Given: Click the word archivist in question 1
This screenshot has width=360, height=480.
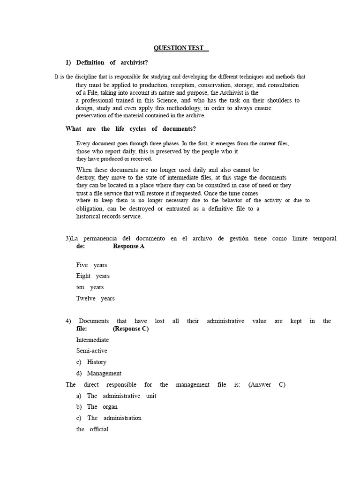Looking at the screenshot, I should [135, 63].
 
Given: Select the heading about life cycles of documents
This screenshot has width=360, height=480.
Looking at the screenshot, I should [131, 129].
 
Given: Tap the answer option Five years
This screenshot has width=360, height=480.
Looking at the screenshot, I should [91, 265].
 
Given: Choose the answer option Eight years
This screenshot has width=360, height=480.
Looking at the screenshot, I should [93, 276].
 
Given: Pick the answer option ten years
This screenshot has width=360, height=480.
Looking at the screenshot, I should [90, 287].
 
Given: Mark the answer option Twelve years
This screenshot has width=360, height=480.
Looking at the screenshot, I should [95, 299].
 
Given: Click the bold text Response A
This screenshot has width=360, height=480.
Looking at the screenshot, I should [128, 246].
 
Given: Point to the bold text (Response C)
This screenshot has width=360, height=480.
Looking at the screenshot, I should [131, 329].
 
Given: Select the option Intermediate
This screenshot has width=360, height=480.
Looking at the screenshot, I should [92, 340].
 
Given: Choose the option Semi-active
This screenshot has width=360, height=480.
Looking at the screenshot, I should [92, 351].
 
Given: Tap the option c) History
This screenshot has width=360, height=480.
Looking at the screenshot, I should [91, 362].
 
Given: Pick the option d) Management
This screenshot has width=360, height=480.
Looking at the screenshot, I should [98, 373].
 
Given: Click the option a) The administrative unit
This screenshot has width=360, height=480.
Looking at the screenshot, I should [116, 396].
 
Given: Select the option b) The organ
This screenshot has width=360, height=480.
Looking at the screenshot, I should [97, 407].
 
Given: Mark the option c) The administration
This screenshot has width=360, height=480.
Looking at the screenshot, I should [109, 418].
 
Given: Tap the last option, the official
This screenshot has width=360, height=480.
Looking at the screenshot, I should [92, 429].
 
